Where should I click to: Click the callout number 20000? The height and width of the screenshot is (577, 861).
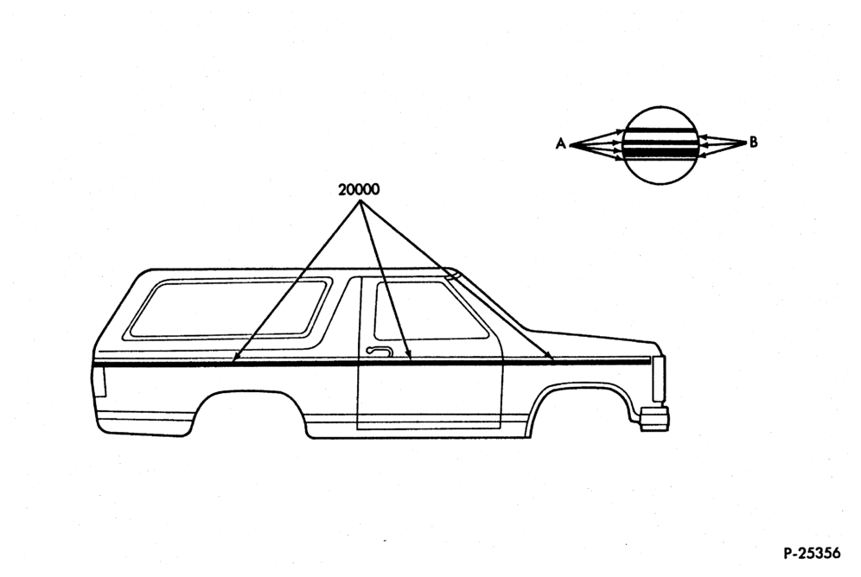(x=359, y=190)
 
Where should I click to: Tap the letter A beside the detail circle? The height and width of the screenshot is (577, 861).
(x=561, y=143)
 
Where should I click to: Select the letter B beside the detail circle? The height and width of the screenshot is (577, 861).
(x=754, y=142)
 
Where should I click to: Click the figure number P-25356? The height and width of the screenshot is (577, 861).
(x=812, y=552)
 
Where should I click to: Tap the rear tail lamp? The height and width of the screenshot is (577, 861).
(x=99, y=381)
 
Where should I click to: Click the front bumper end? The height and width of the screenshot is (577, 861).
(x=654, y=418)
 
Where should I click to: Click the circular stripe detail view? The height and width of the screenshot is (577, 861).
(x=661, y=145)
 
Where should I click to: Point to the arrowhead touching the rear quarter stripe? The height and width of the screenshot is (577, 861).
(x=234, y=358)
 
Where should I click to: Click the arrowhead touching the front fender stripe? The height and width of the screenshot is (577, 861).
(x=550, y=358)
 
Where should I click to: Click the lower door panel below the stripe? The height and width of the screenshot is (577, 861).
(x=430, y=396)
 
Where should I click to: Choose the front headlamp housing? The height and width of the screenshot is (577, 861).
(x=658, y=378)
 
